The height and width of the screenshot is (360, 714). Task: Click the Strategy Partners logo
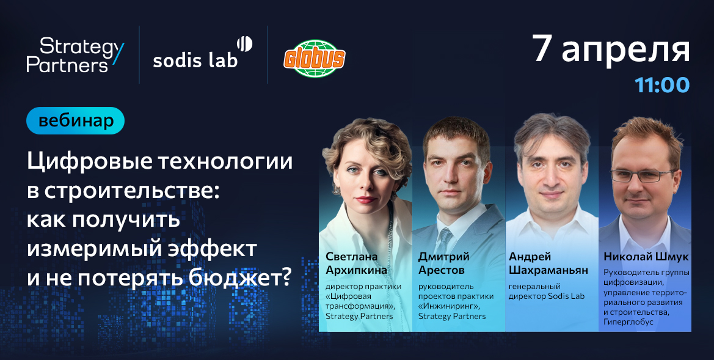(75, 55)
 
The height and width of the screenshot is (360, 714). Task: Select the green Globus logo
(315, 59)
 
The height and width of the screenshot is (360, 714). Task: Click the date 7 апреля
(611, 50)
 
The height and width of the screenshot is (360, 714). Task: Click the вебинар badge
(75, 121)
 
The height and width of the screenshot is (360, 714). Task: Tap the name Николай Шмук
(646, 257)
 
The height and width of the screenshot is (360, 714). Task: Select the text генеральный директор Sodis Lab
(546, 291)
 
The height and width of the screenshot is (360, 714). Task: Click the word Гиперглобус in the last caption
(628, 321)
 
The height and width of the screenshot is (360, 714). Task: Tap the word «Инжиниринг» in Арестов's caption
(445, 306)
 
